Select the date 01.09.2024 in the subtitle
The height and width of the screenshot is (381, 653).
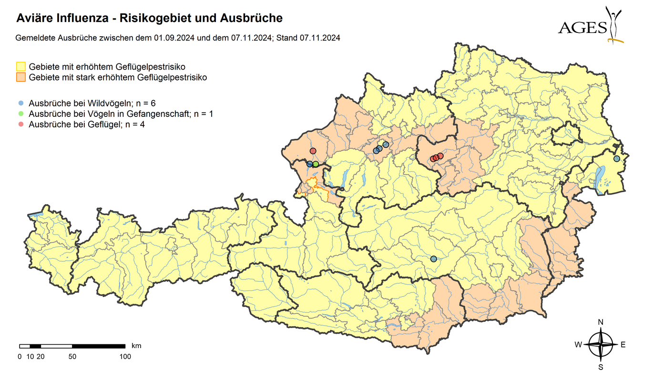pyautogui.click(x=173, y=38)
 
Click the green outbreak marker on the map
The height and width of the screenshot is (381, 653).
pyautogui.click(x=316, y=164)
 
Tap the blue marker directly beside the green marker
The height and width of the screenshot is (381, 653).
pyautogui.click(x=309, y=164)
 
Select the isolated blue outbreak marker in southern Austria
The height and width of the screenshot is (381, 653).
pyautogui.click(x=433, y=259)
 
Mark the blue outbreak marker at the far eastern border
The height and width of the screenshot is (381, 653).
pyautogui.click(x=616, y=158)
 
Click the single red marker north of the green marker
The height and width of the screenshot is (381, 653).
pyautogui.click(x=313, y=151)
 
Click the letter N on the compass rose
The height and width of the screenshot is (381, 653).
pyautogui.click(x=601, y=322)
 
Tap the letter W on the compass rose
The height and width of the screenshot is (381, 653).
pyautogui.click(x=578, y=345)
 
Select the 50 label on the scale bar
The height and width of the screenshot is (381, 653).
pyautogui.click(x=72, y=356)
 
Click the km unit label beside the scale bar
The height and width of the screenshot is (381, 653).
pyautogui.click(x=136, y=345)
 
